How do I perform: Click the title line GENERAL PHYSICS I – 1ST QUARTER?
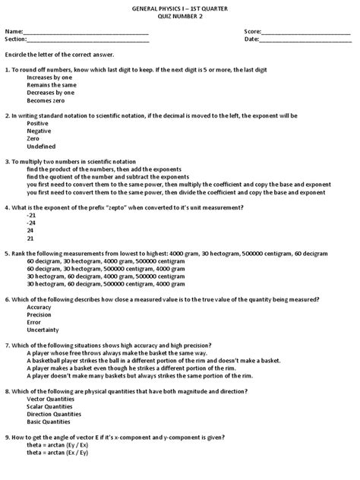point(179,8)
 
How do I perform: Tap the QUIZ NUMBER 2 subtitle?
point(179,17)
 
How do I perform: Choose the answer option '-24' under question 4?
point(31,223)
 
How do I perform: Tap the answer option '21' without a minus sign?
point(30,238)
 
